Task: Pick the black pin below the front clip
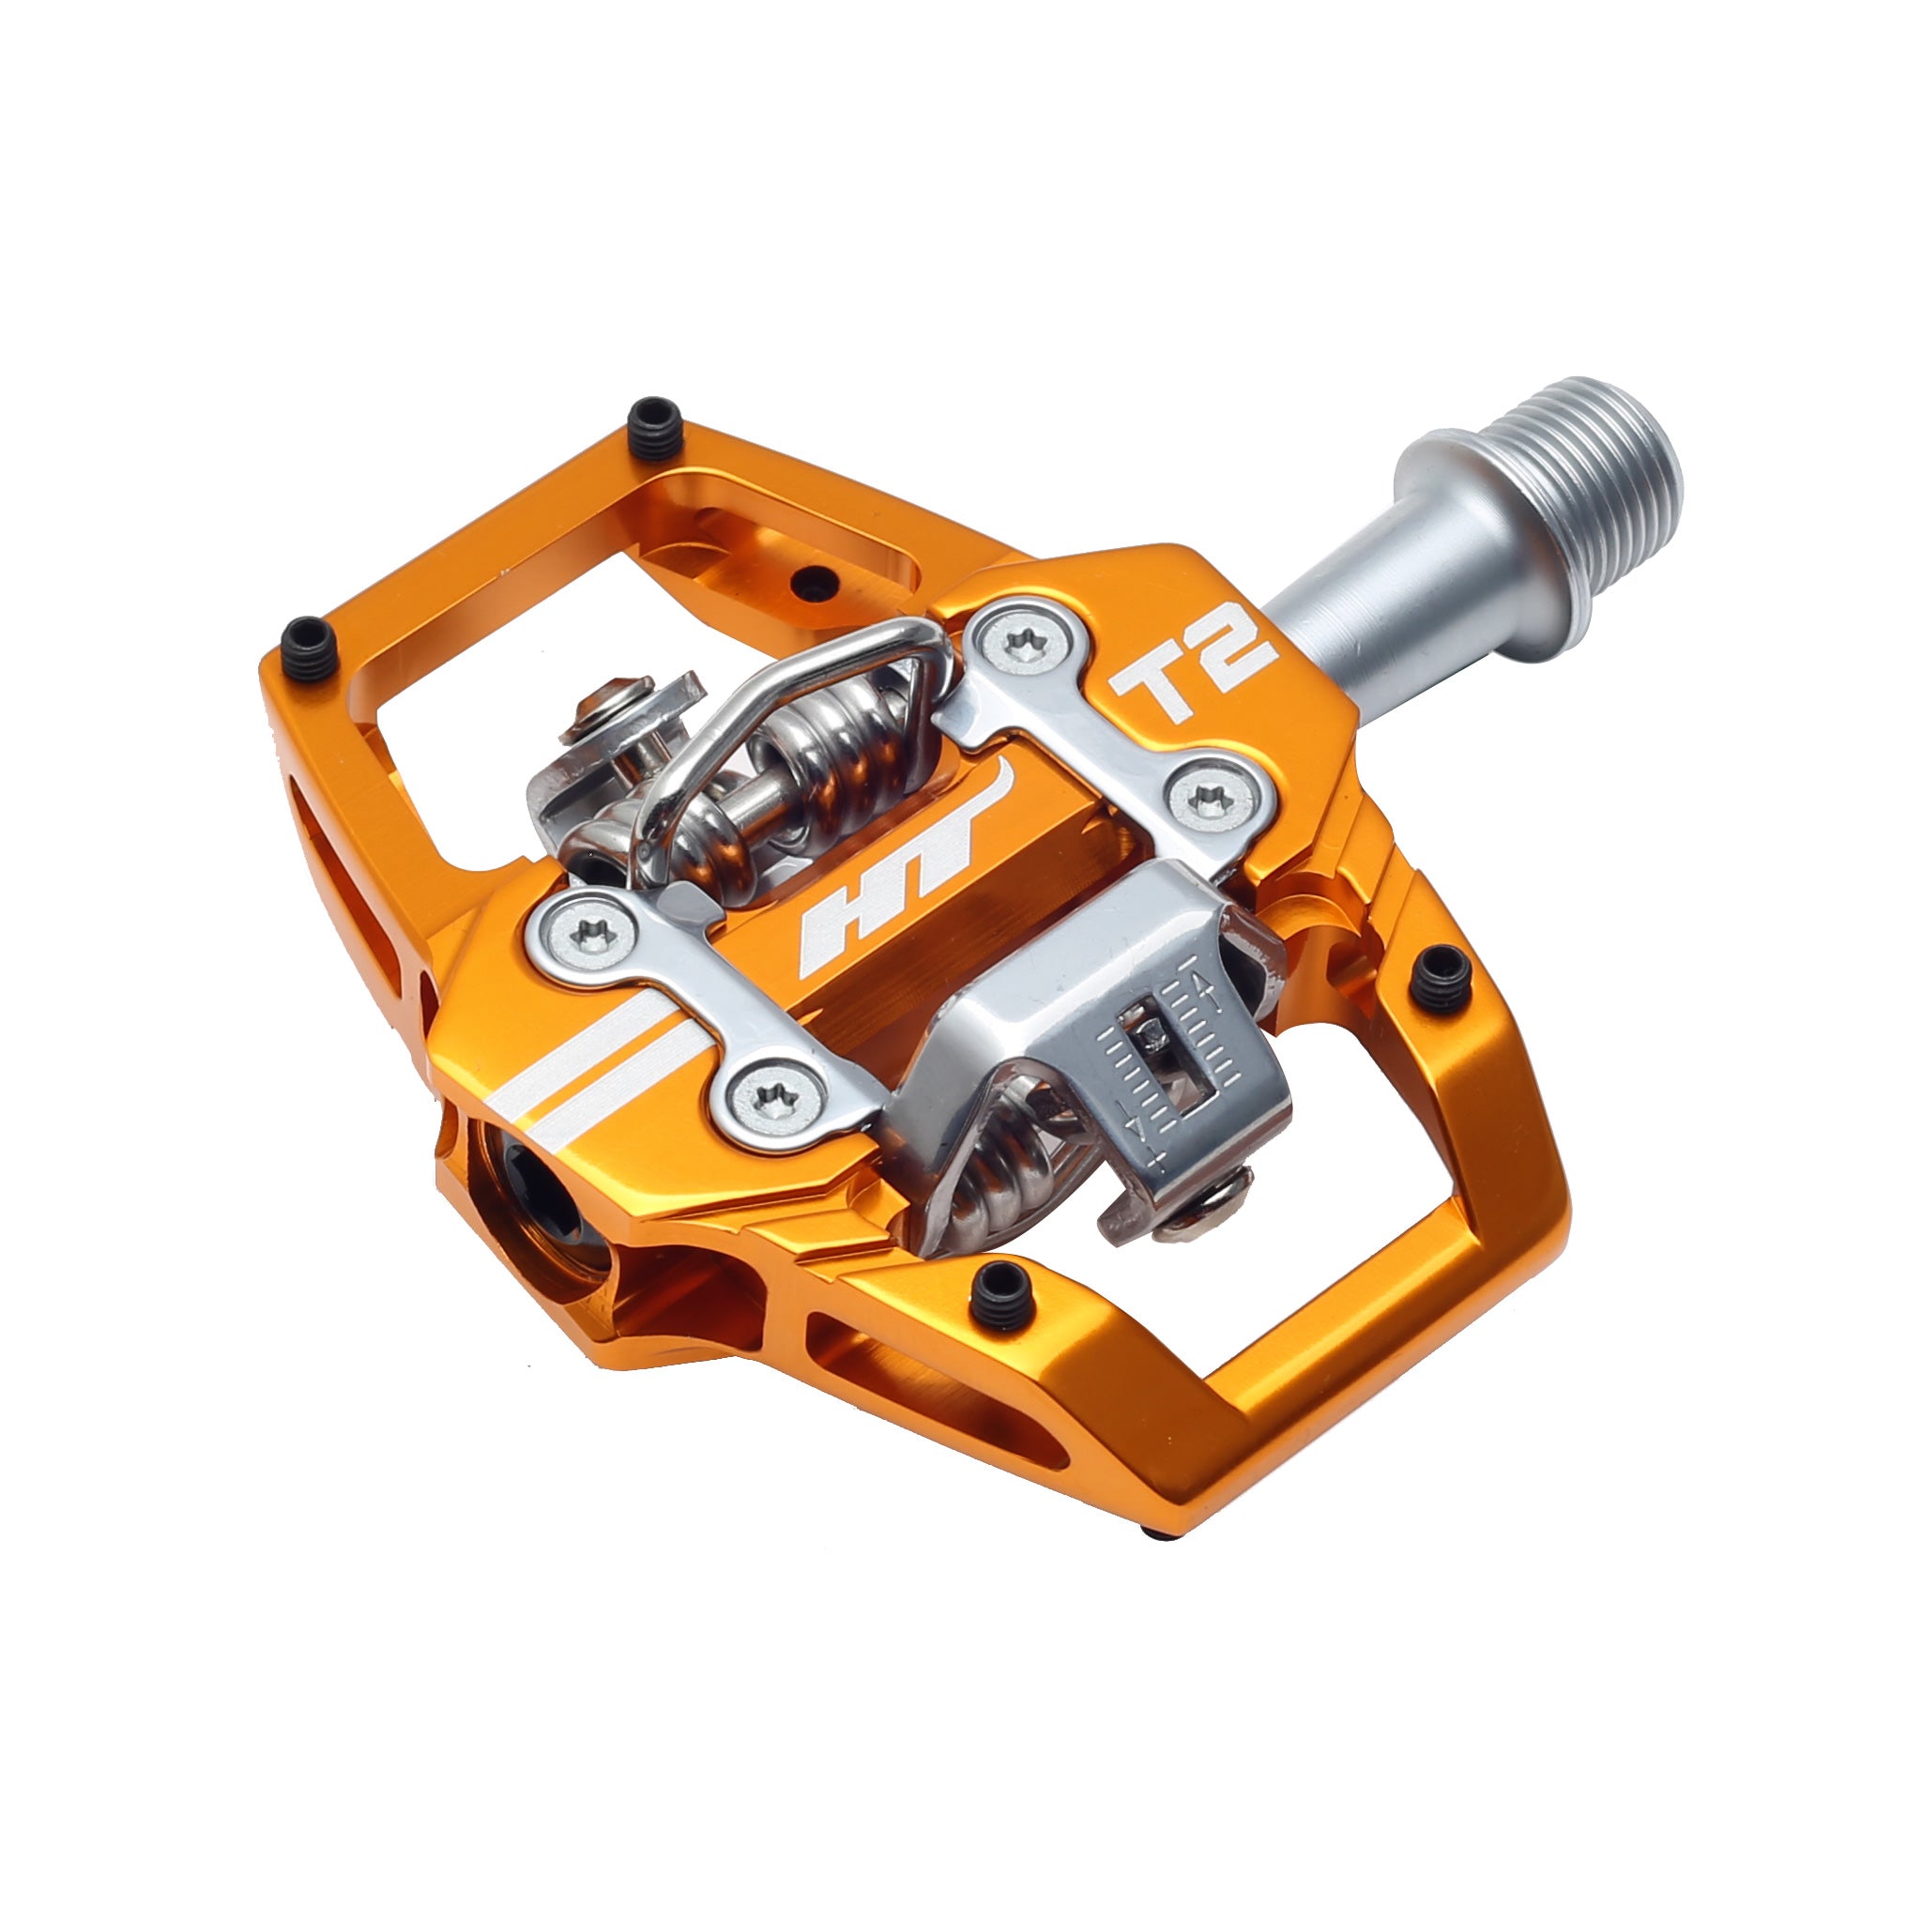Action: click(x=998, y=1297)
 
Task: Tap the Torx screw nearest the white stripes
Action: click(x=776, y=1098)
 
